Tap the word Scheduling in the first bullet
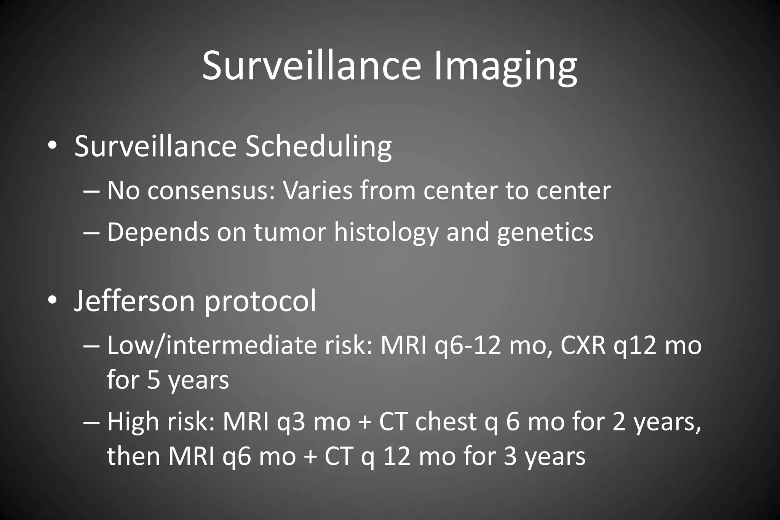coord(318,146)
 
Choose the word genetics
coord(545,232)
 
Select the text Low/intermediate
coord(212,346)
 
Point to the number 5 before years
coord(153,380)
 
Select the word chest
coord(446,422)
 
